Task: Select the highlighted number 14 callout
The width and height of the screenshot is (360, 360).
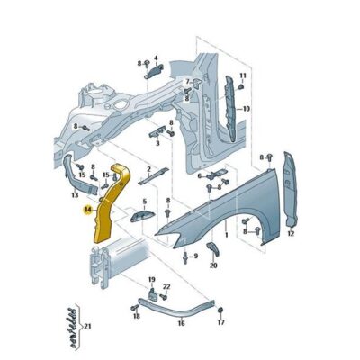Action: (88, 210)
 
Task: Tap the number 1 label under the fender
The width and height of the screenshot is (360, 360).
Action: (227, 235)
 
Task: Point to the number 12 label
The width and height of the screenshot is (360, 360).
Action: (291, 233)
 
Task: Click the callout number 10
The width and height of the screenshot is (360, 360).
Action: (246, 109)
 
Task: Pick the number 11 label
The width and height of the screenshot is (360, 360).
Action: (243, 76)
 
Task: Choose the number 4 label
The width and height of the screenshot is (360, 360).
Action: (156, 58)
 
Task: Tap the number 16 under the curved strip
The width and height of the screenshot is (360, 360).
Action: (181, 323)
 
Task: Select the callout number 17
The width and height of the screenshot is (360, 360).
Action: (220, 322)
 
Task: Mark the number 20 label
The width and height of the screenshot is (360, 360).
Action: (213, 265)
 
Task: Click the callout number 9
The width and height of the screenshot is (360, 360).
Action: (195, 256)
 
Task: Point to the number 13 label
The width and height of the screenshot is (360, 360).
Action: (75, 195)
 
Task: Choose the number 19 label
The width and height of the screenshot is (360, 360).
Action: (152, 280)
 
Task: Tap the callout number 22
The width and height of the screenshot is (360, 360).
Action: (166, 287)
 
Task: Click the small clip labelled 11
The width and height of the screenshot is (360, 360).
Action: (241, 86)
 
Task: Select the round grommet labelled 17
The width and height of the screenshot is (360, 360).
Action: (220, 310)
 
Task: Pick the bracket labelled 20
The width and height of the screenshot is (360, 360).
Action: (212, 249)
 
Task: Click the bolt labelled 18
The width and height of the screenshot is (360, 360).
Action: (134, 308)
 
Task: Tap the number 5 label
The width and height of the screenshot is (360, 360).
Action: (144, 202)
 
